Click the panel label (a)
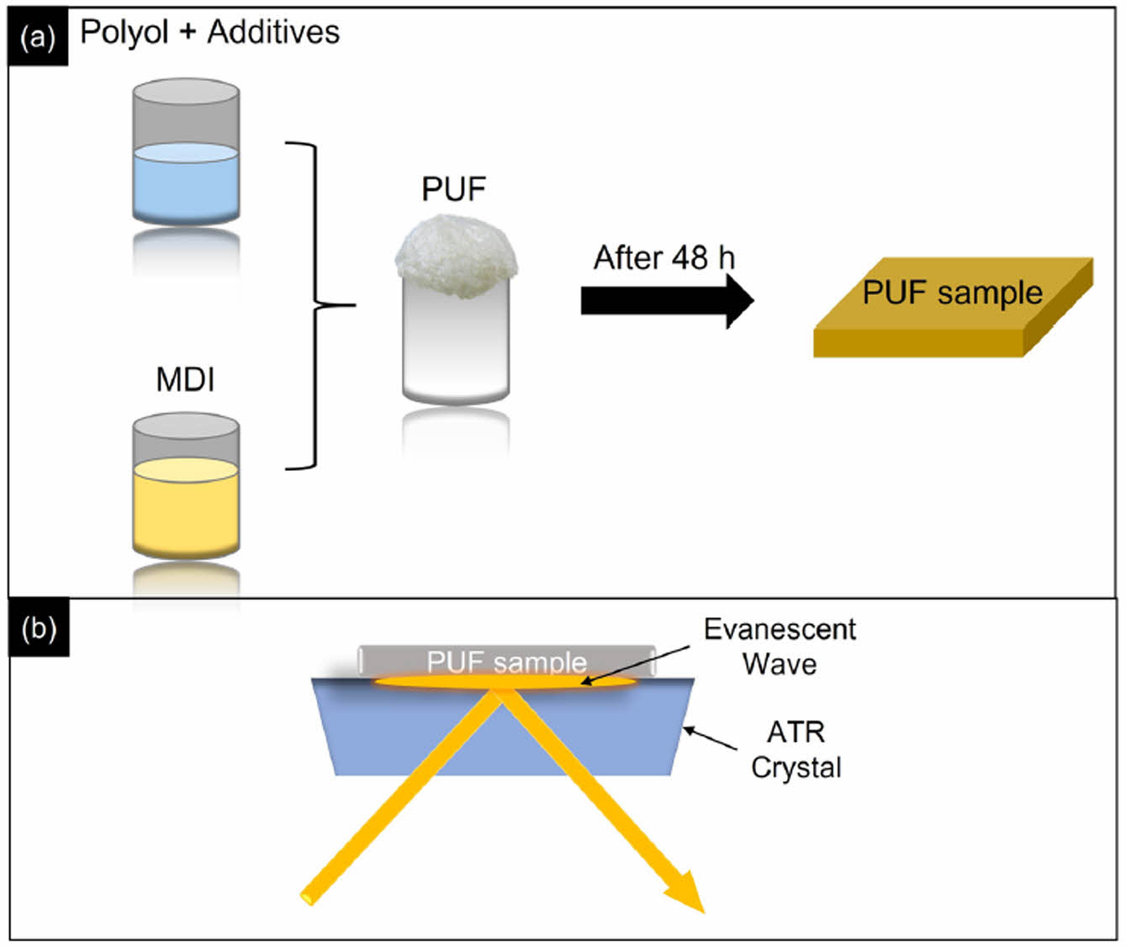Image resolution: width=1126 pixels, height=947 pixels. tap(38, 38)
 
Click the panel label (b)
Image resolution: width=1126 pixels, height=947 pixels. tap(39, 627)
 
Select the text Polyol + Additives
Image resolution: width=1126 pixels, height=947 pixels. tap(209, 32)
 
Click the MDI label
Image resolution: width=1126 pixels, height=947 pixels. tap(185, 379)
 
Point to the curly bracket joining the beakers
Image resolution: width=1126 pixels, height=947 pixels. tap(315, 305)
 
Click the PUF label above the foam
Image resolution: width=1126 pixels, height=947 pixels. tap(453, 189)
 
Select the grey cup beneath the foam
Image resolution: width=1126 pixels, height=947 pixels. tap(456, 345)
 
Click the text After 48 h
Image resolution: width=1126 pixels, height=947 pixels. tap(663, 257)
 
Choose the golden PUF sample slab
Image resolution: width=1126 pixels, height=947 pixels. tap(952, 309)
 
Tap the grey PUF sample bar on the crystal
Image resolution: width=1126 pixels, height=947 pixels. tap(506, 660)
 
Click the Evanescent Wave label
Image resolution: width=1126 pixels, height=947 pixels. tap(780, 646)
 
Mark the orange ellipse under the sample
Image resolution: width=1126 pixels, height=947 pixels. tap(505, 682)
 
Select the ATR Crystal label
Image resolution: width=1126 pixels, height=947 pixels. tap(796, 749)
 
